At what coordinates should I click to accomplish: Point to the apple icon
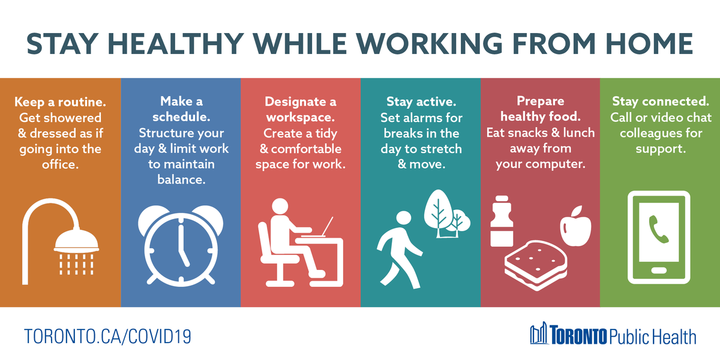point(575,227)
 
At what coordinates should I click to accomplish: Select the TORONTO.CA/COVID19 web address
point(107,335)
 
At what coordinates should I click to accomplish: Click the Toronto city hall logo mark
point(539,334)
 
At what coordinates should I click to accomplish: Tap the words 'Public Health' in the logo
point(653,337)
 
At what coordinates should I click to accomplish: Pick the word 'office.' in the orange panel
point(60,164)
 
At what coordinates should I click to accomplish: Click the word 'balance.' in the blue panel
point(181,179)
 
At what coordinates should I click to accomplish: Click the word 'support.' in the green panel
point(660,148)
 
